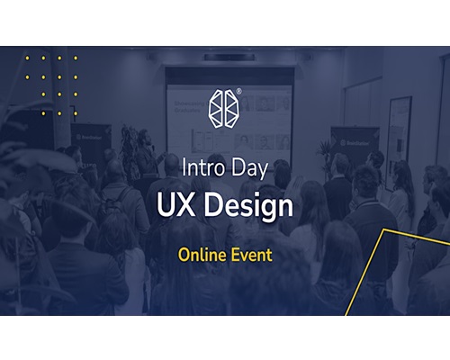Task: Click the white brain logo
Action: tap(225, 108)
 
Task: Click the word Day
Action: tap(250, 169)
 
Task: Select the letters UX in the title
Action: tap(175, 205)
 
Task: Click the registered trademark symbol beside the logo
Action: tap(238, 92)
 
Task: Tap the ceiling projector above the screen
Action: tap(229, 57)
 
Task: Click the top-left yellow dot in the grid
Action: tap(27, 58)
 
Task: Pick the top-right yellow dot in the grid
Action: tap(76, 58)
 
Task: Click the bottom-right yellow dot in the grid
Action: tap(76, 113)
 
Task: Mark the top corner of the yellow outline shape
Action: tap(384, 229)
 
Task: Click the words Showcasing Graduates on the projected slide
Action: tap(188, 106)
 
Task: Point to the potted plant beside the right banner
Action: tap(325, 155)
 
